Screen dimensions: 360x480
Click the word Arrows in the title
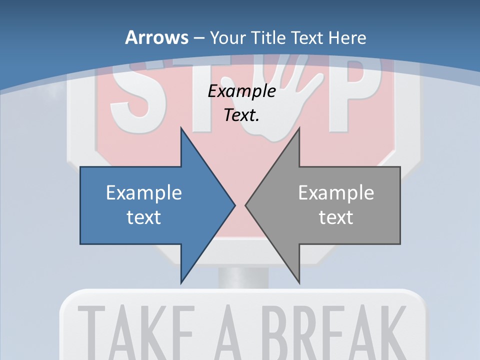click(156, 37)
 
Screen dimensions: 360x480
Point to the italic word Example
click(242, 91)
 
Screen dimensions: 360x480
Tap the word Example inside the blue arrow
click(144, 192)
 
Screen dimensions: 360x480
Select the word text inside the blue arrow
click(144, 217)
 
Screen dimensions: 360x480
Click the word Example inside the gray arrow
click(336, 192)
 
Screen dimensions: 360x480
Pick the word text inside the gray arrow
click(336, 217)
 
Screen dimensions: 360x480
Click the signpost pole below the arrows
click(243, 277)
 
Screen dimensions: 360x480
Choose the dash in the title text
click(198, 38)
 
